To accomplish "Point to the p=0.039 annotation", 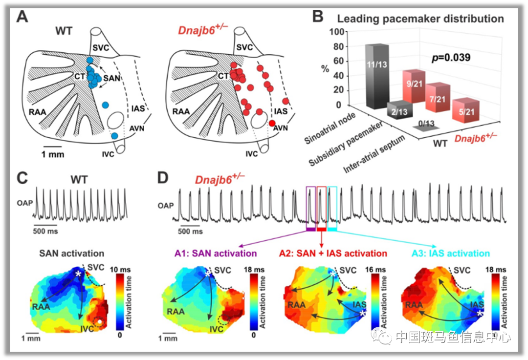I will pos(451,58).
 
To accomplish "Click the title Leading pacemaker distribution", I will pos(420,19).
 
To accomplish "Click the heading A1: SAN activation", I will pos(215,254).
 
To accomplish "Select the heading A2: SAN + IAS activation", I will pos(333,254).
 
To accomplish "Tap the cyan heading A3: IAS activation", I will pos(451,254).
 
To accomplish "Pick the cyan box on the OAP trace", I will pos(332,208).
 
